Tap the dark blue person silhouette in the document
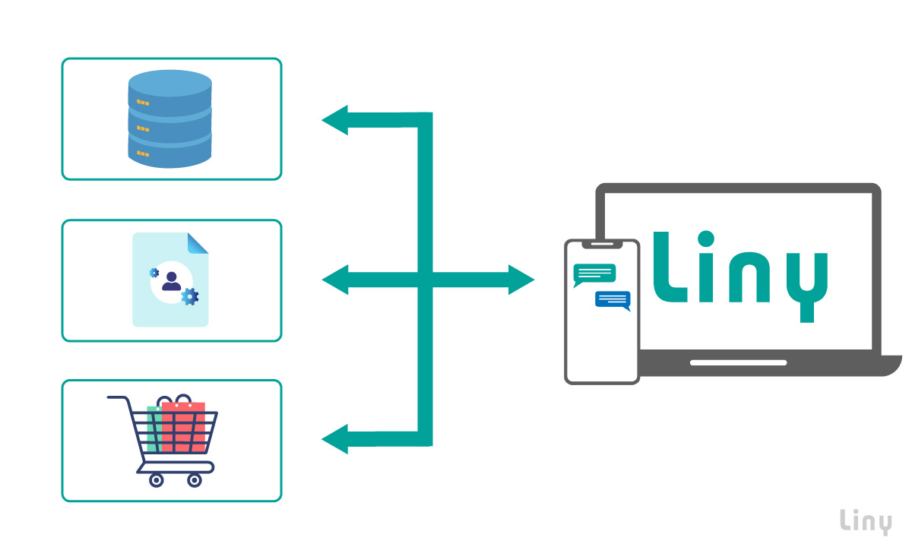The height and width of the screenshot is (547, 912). [171, 281]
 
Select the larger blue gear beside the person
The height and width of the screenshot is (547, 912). [189, 296]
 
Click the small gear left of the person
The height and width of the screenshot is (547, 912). [154, 272]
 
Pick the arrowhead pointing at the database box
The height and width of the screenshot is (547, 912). [334, 120]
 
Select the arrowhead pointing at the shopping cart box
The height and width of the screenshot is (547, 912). [334, 439]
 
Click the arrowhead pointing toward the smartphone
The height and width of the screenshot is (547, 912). [522, 280]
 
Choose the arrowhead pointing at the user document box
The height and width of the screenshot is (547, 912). [334, 280]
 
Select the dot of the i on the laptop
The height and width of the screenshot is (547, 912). [708, 239]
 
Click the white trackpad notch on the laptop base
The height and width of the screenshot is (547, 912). [738, 362]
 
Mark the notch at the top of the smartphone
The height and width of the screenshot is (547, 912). [602, 245]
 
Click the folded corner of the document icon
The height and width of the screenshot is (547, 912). [198, 243]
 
